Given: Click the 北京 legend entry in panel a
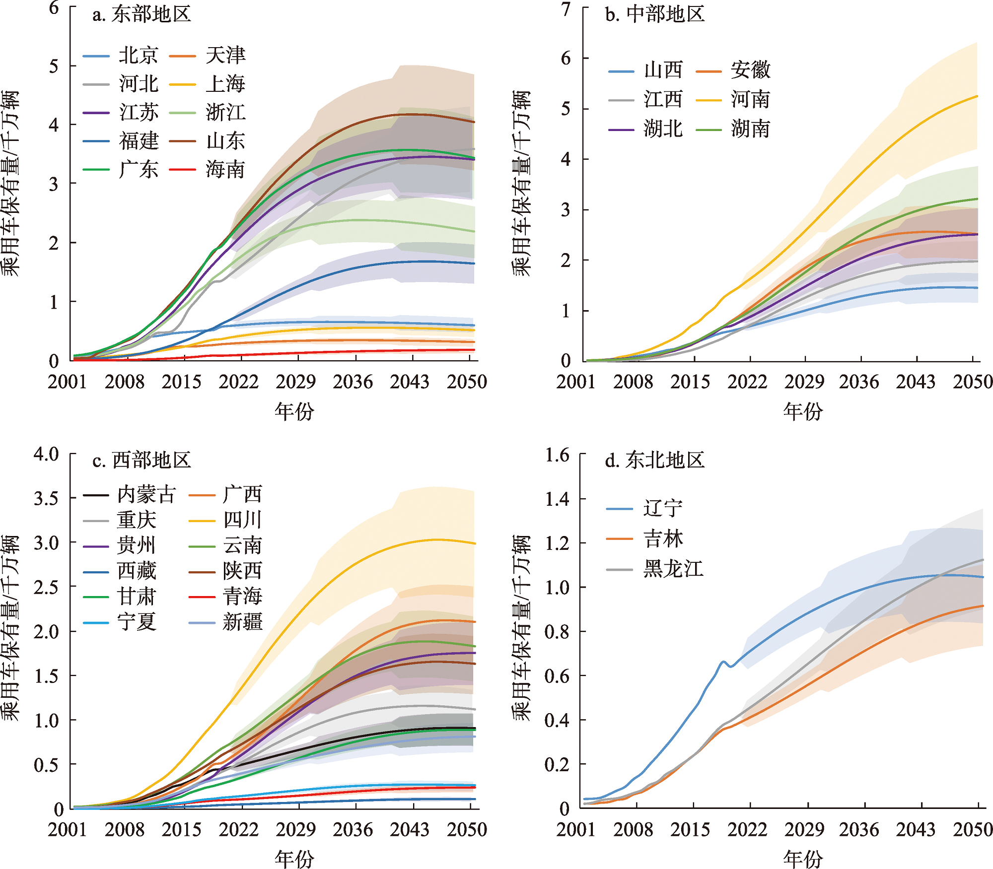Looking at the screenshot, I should (138, 55).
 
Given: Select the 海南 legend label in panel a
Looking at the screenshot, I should (225, 170).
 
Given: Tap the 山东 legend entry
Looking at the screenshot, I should (225, 141).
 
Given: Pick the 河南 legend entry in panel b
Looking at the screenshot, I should (750, 100).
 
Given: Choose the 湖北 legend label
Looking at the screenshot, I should (663, 129).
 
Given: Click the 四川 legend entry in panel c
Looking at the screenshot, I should (242, 520).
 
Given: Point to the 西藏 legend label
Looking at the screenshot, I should (137, 571).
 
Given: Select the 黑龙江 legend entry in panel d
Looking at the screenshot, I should (673, 569).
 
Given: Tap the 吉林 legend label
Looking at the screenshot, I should (663, 538).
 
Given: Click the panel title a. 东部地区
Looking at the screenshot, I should (142, 14).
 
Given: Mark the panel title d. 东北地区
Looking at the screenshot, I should (655, 460).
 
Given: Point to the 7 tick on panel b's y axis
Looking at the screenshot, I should (567, 8).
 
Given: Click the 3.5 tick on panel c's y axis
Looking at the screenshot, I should (46, 498).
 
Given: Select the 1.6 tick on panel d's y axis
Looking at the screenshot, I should (557, 455).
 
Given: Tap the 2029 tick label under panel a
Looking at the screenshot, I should (296, 382).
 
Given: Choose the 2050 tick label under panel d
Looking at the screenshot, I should (973, 829).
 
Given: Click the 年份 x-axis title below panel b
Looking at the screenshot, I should (803, 411).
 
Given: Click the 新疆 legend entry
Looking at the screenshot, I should (242, 622).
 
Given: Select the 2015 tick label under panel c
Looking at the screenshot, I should (182, 829).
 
